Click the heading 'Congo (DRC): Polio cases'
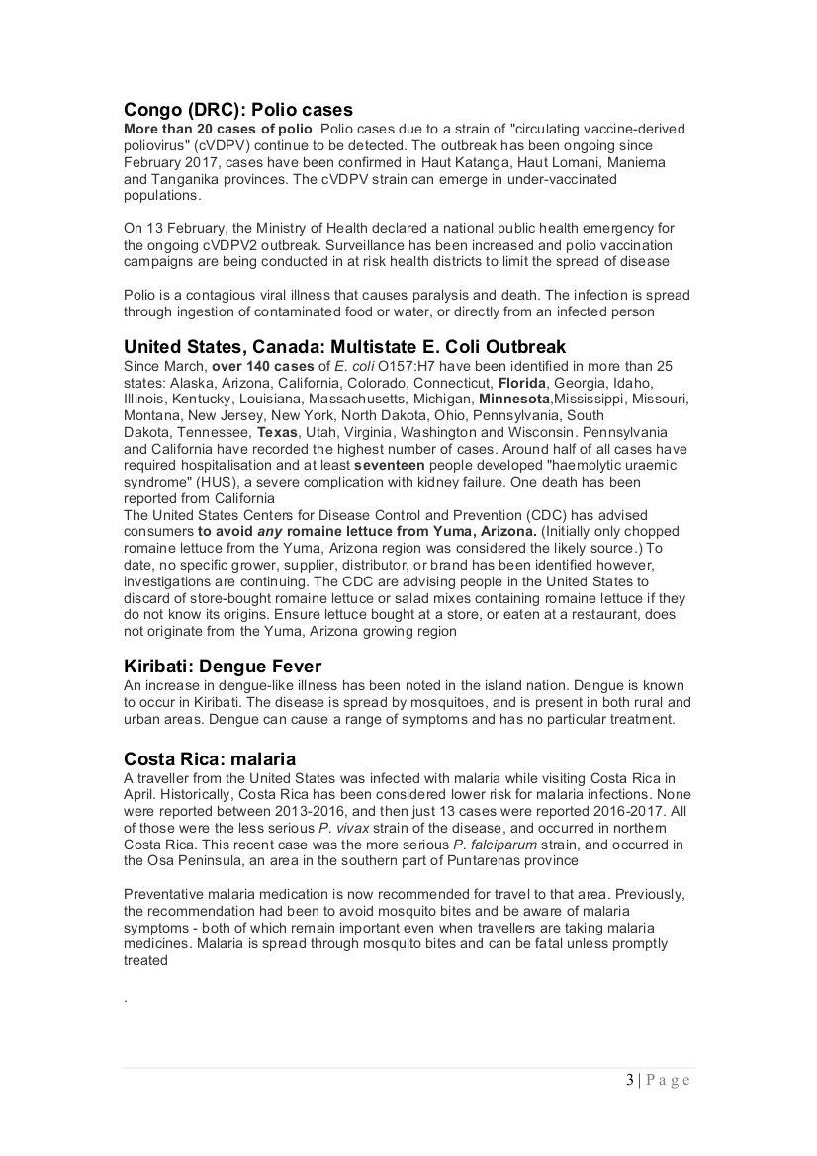(x=238, y=110)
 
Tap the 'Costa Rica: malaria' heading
(x=210, y=759)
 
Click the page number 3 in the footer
(x=629, y=1080)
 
